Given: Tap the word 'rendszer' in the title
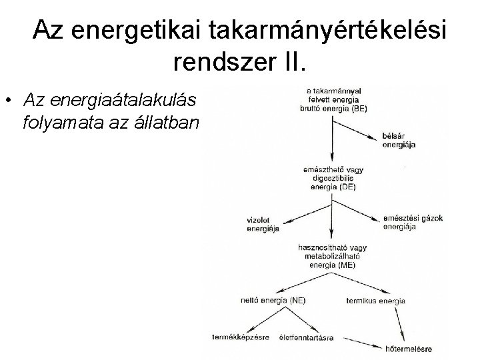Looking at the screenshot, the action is coord(221,63).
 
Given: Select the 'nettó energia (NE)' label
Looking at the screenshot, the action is coord(273,301).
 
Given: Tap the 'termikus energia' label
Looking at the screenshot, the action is coord(376,301).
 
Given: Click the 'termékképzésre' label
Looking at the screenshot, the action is coord(241,337).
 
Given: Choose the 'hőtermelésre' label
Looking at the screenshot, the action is coord(409,347).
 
